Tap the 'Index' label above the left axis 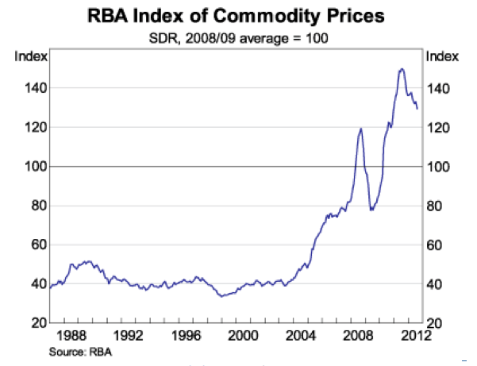[x=32, y=56]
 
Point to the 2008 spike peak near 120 [x=361, y=129]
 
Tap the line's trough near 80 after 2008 [x=371, y=209]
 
